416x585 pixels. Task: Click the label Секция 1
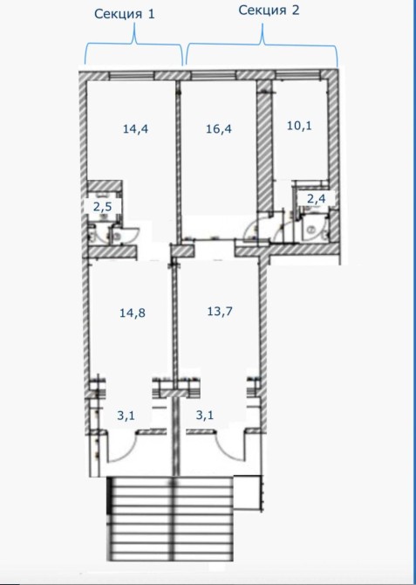(x=124, y=14)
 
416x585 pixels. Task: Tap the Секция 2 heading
(x=269, y=10)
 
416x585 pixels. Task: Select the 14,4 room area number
(x=136, y=129)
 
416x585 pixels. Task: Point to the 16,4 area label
(x=219, y=129)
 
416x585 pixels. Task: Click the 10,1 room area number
(x=300, y=126)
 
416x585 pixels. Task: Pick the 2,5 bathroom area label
(x=102, y=206)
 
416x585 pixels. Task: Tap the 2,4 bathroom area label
(x=316, y=198)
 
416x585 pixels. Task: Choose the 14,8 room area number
(x=133, y=313)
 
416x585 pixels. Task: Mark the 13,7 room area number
(x=220, y=311)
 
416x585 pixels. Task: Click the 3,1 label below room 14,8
(x=126, y=416)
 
